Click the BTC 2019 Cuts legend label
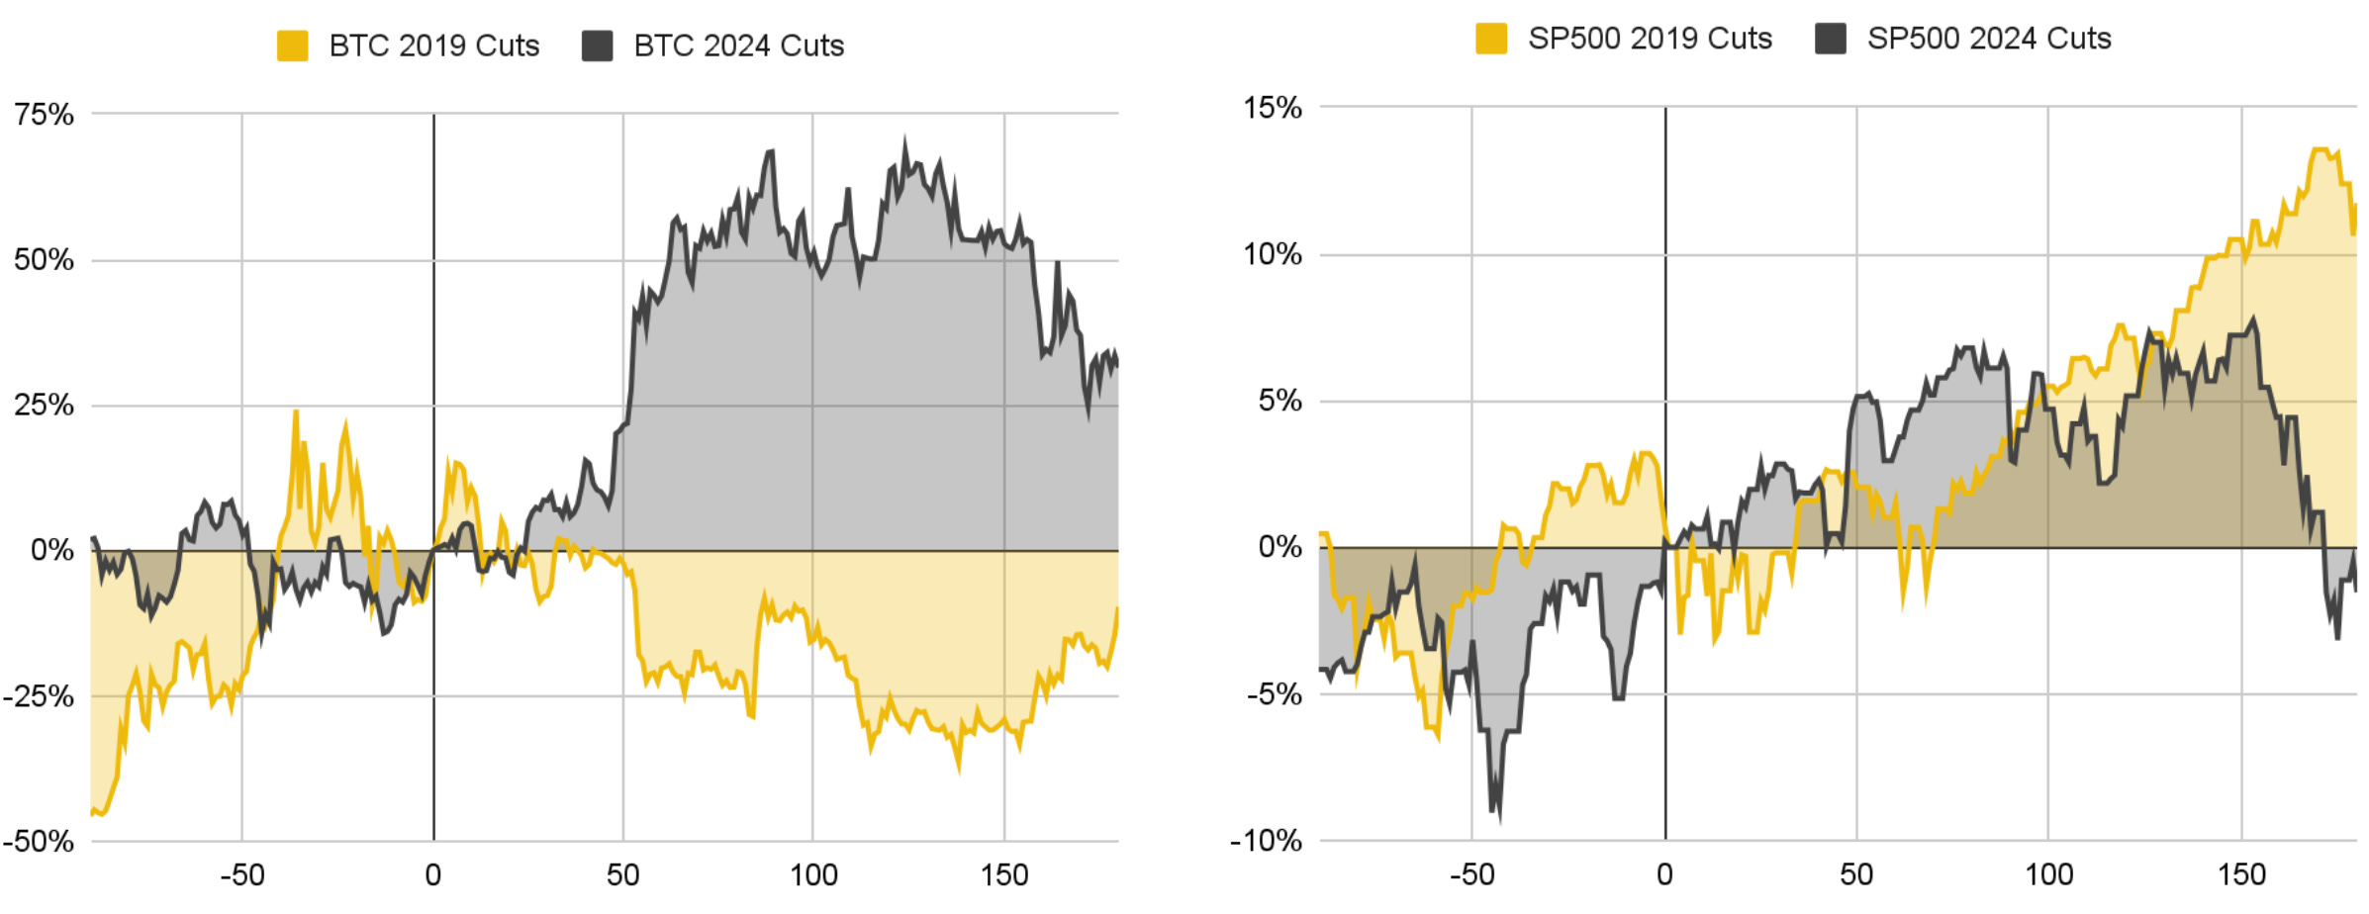pyautogui.click(x=433, y=46)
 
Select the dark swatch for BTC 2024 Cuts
pyautogui.click(x=597, y=46)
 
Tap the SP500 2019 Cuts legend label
pyautogui.click(x=1649, y=39)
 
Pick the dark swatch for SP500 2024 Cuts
pyautogui.click(x=1830, y=39)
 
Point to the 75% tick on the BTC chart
pyautogui.click(x=44, y=115)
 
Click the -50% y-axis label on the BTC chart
pyautogui.click(x=38, y=842)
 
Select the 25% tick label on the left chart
pyautogui.click(x=44, y=405)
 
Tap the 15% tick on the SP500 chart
pyautogui.click(x=1273, y=108)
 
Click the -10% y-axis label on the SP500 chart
pyautogui.click(x=1266, y=841)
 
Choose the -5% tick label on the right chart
pyautogui.click(x=1274, y=694)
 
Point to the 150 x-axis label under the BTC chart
pyautogui.click(x=1003, y=875)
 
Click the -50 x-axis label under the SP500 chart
pyautogui.click(x=1471, y=875)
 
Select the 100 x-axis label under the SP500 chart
pyautogui.click(x=2047, y=875)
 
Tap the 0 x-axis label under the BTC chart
pyautogui.click(x=432, y=875)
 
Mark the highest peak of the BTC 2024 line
pyautogui.click(x=904, y=141)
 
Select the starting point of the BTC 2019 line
pyautogui.click(x=92, y=813)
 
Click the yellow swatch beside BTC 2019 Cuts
pyautogui.click(x=292, y=46)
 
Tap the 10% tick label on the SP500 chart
pyautogui.click(x=1273, y=255)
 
